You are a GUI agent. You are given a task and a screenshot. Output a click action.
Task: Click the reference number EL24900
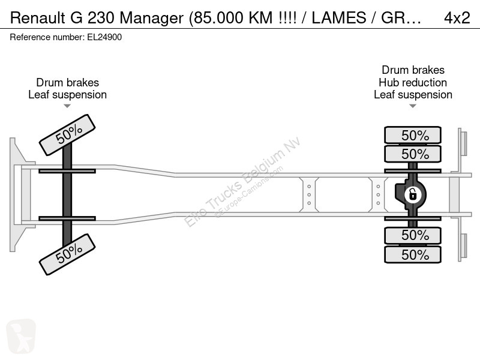[104, 37]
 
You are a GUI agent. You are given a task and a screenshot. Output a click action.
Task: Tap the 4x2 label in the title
[457, 18]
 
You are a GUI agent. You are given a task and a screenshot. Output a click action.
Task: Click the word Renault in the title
[38, 18]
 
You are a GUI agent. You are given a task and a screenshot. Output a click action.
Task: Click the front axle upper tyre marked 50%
[67, 135]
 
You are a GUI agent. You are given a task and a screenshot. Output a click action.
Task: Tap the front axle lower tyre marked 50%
[67, 254]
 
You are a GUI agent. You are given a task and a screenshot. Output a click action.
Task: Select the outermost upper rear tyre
[413, 135]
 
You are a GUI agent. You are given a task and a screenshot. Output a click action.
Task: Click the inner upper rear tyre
[413, 154]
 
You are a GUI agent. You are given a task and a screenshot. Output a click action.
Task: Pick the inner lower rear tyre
[413, 235]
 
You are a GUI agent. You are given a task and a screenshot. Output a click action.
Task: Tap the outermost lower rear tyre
[413, 254]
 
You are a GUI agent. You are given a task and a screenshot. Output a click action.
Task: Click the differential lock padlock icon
[413, 194]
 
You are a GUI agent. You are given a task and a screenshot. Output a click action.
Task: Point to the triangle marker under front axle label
[67, 106]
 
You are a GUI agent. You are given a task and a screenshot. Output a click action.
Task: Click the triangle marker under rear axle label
[413, 106]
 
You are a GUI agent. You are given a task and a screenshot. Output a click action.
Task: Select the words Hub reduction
[413, 83]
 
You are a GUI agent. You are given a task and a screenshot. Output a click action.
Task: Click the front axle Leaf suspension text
[67, 95]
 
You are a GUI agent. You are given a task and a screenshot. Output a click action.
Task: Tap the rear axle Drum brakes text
[413, 70]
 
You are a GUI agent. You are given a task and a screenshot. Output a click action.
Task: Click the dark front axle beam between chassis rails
[67, 194]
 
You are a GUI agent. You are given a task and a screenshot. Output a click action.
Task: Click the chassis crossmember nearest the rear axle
[378, 194]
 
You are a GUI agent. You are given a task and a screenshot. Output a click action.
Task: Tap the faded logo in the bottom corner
[21, 336]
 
